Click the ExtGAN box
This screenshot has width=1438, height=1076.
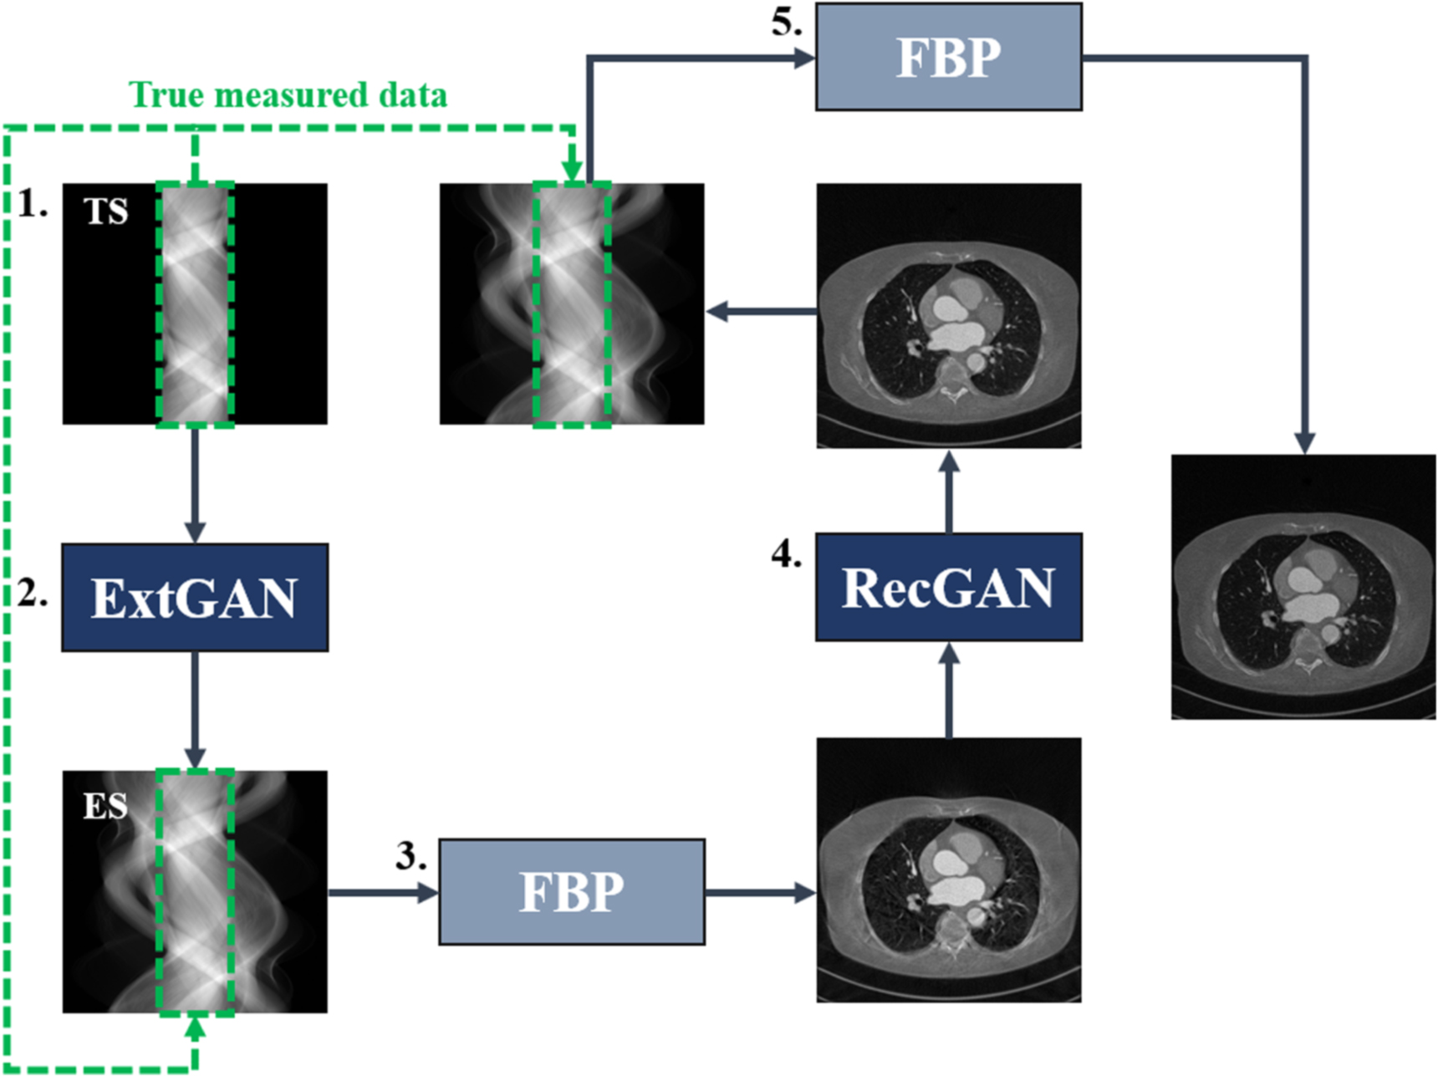pos(195,598)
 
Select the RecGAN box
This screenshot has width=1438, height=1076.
pos(948,588)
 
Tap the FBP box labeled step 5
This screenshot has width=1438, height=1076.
pos(948,57)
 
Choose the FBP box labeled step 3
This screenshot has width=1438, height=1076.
pos(572,892)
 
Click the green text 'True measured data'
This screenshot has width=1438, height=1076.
pos(288,95)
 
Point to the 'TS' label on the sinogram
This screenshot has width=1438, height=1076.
pos(106,212)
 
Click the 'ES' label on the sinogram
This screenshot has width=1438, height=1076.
pos(105,806)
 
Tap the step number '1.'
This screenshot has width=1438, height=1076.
pos(33,204)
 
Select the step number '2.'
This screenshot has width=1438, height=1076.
pos(33,594)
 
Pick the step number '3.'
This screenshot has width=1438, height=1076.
pos(410,856)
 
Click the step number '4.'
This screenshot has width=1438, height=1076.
pos(786,553)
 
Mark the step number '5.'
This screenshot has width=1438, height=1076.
pos(786,23)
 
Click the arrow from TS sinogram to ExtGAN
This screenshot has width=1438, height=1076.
pos(195,485)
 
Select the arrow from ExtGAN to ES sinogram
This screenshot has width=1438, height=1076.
pos(195,711)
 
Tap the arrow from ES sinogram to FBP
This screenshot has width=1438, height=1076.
pos(383,893)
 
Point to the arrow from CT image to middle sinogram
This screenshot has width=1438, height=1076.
pos(761,312)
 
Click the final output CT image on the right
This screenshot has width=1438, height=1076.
pos(1303,587)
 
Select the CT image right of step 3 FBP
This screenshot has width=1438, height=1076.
pos(949,869)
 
